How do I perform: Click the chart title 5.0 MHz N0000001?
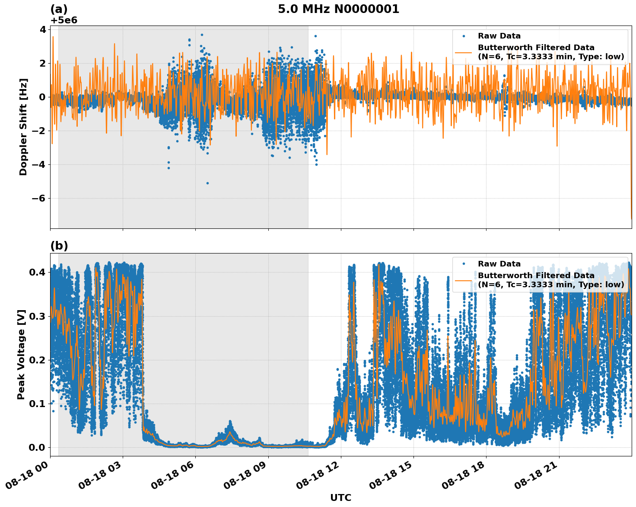pos(338,9)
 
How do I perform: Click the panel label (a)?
pos(59,9)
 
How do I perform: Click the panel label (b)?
pos(59,246)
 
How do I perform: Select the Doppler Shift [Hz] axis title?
pos(23,127)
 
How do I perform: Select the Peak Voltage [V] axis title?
pos(21,354)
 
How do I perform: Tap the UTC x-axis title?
pos(340,497)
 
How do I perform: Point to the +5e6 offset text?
pos(64,20)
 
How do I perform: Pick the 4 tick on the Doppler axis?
pos(43,29)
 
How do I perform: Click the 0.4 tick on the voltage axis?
pos(37,272)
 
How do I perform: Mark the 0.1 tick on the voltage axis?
pos(37,404)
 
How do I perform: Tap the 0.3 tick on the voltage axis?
pos(37,316)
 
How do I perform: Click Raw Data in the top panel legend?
pos(499,36)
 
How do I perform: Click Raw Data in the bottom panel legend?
pos(499,264)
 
